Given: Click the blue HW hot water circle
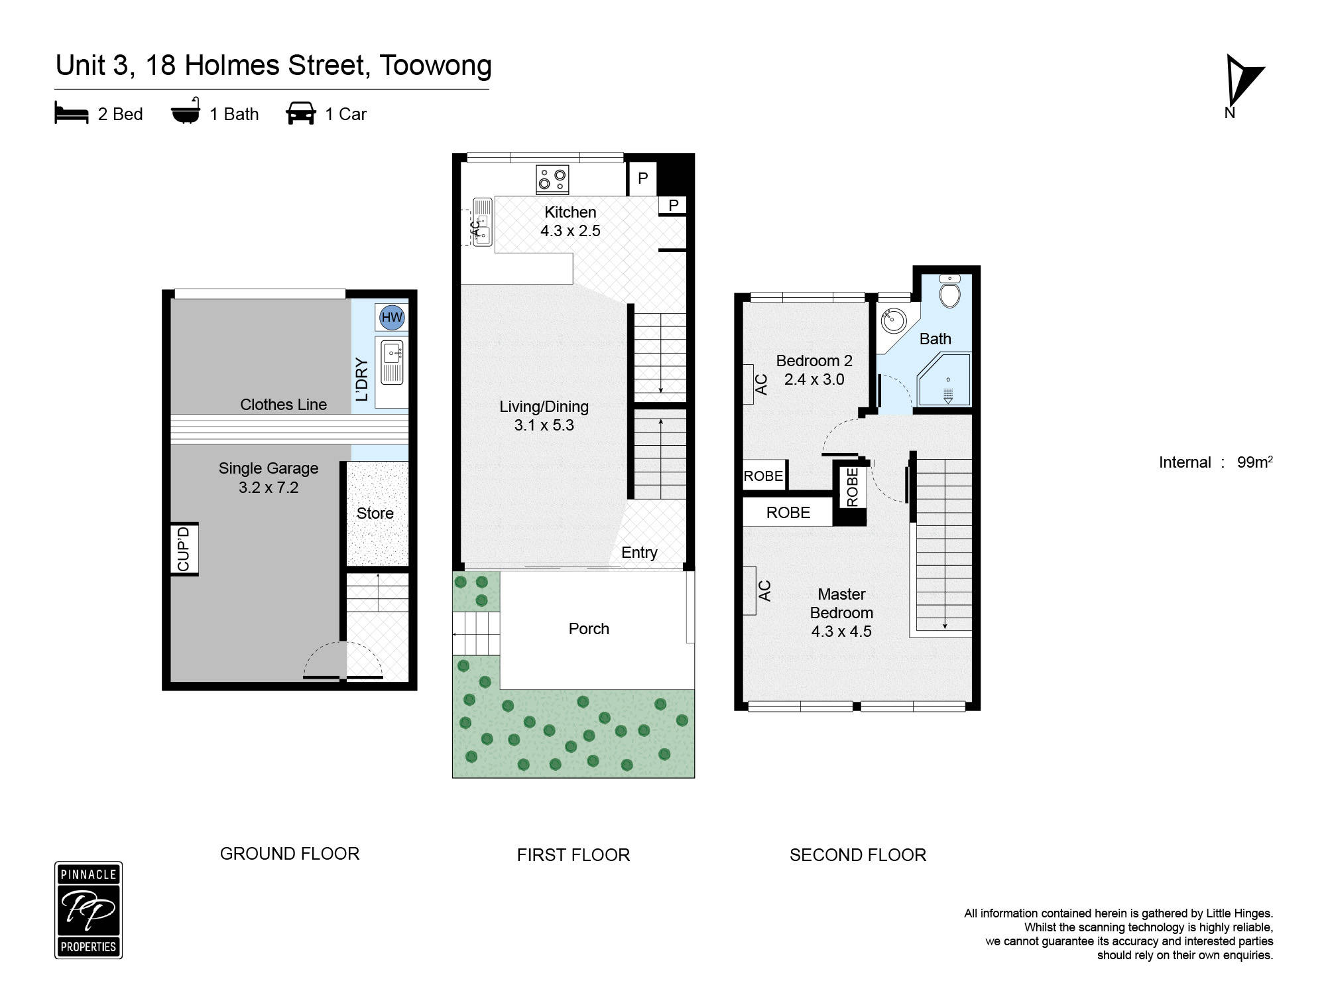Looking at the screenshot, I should [x=392, y=317].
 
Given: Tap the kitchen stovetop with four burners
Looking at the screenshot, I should [x=552, y=179].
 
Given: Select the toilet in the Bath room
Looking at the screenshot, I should [x=950, y=293].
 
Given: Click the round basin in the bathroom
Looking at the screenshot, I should [x=893, y=321].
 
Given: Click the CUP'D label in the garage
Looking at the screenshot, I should [x=184, y=549].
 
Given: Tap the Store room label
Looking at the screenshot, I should [x=375, y=513].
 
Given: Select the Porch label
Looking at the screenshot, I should [x=589, y=629].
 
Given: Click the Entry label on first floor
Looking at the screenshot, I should [x=639, y=553].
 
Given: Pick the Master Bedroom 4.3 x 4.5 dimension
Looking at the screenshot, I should [x=841, y=631].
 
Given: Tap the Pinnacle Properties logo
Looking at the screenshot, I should [x=88, y=910].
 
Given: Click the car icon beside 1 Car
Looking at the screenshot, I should [x=300, y=113].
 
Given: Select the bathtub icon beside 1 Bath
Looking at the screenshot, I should [x=186, y=112].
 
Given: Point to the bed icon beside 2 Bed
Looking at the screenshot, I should [x=72, y=113].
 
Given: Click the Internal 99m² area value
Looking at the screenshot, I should [x=1254, y=462].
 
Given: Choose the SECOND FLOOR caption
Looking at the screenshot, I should [x=857, y=855].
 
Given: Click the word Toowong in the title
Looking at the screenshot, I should [x=436, y=66].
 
